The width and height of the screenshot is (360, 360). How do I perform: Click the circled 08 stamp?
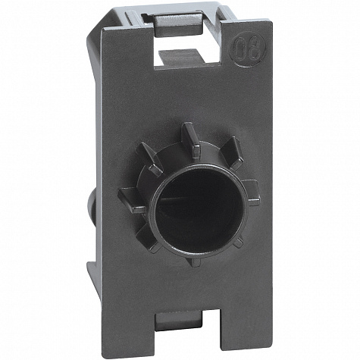247,49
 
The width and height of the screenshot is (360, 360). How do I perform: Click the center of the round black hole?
199,211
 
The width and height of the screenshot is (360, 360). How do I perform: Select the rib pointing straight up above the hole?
191,139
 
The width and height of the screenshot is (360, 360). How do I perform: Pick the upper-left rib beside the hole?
149,159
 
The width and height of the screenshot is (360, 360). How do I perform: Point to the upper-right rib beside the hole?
233,152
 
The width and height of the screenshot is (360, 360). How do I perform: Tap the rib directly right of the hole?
252,192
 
